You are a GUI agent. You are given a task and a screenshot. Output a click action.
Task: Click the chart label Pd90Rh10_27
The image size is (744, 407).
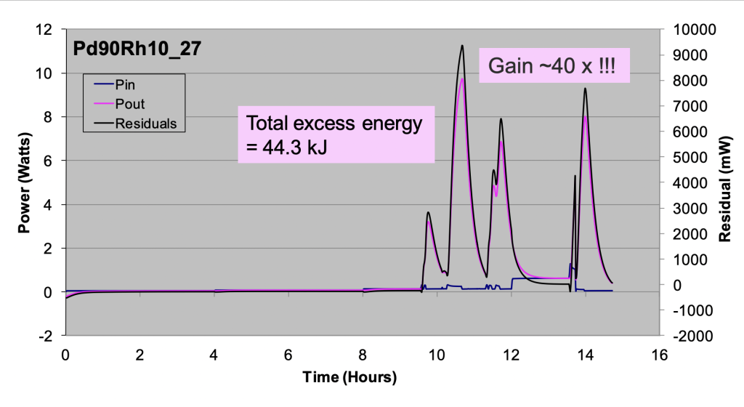(137, 49)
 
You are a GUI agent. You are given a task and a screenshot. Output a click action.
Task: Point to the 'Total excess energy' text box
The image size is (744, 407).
(336, 135)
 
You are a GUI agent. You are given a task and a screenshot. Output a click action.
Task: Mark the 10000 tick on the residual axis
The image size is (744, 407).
(695, 30)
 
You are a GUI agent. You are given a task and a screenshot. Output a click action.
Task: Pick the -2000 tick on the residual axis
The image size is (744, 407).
(694, 336)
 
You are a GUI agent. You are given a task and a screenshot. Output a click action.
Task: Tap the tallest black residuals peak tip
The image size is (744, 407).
(461, 46)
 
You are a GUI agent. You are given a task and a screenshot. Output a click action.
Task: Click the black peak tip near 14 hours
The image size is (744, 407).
(585, 89)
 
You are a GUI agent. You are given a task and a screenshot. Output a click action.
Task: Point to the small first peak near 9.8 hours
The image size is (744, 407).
(429, 212)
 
